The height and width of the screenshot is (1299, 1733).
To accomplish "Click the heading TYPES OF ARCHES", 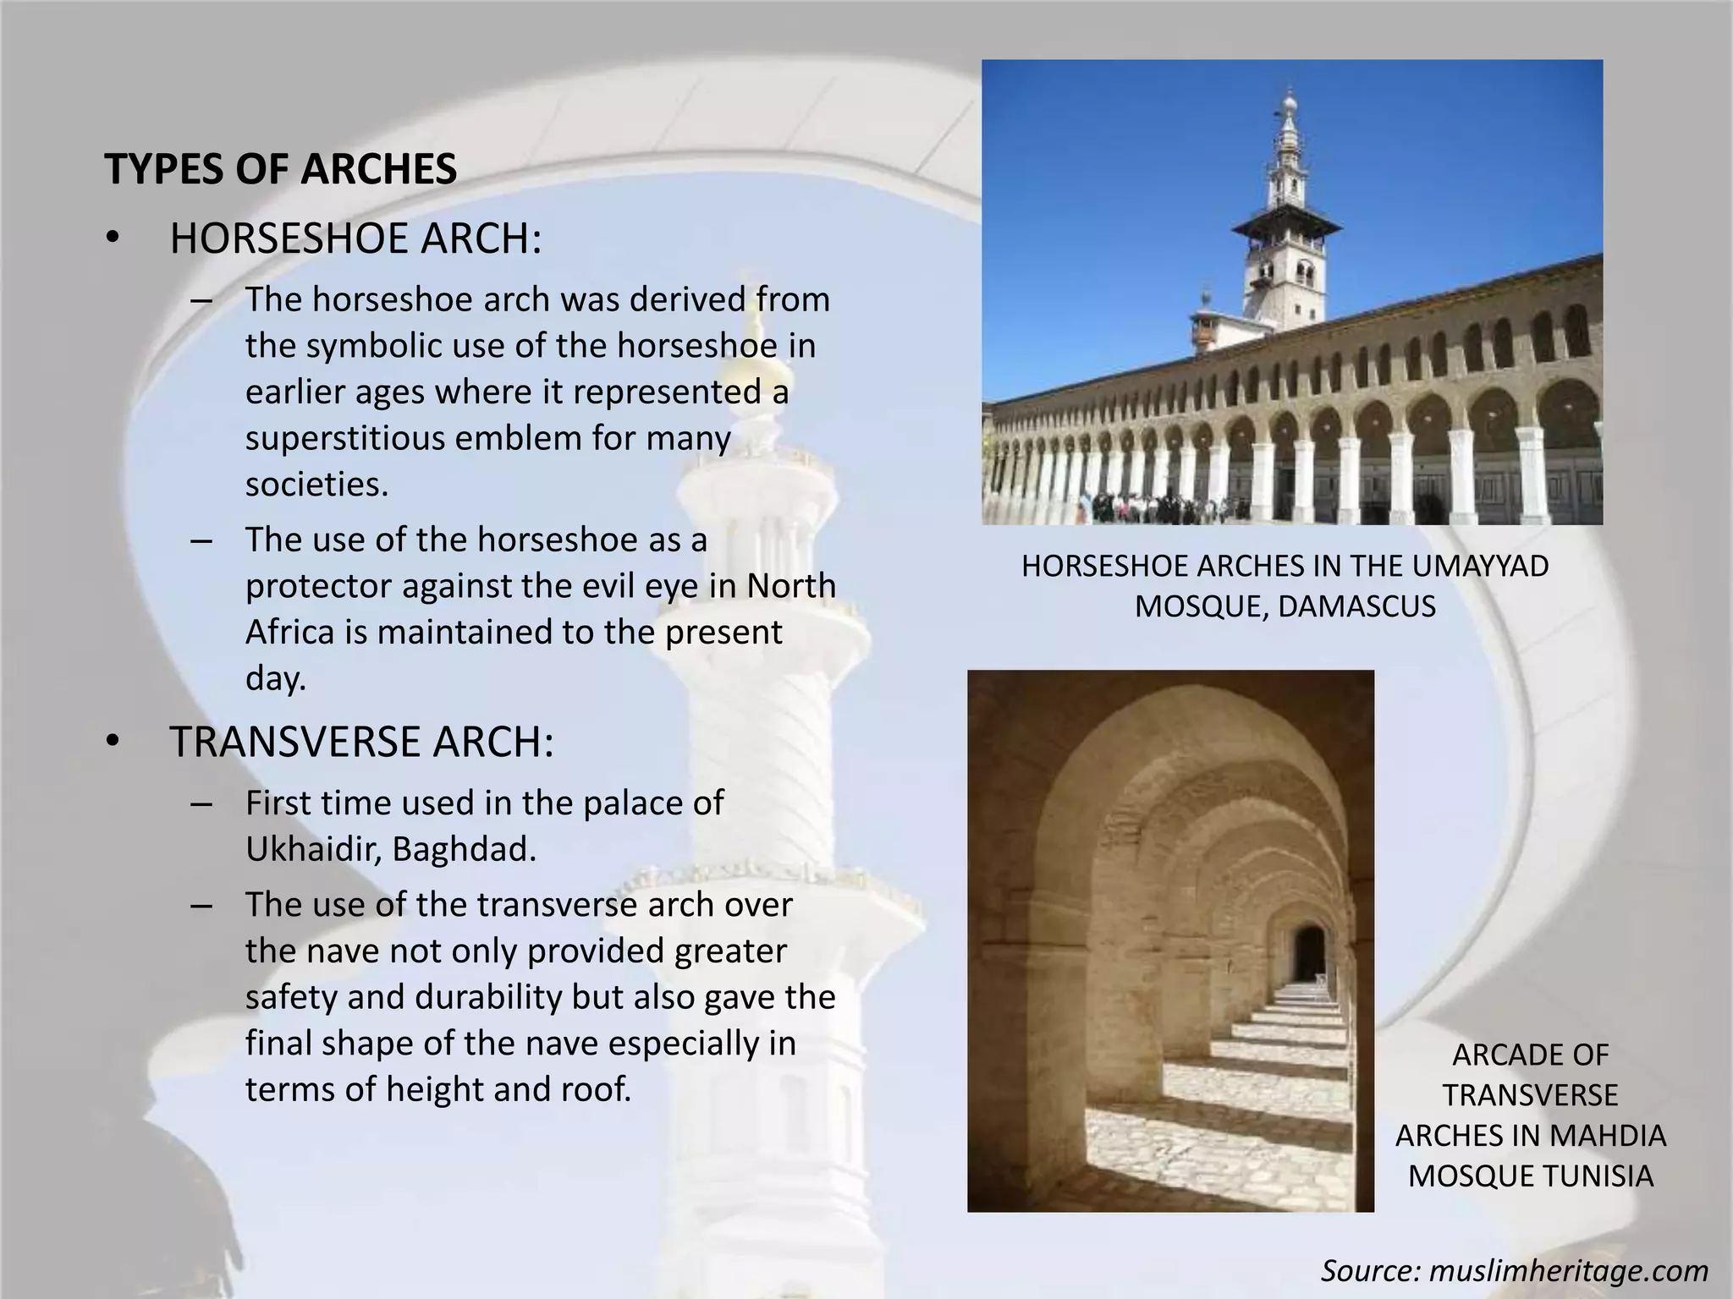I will click(280, 169).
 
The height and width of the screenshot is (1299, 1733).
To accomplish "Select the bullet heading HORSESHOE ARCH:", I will click(355, 238).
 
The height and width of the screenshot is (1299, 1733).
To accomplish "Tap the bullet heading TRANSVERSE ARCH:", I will click(361, 742).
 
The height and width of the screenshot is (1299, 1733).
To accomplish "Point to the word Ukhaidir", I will click(313, 849).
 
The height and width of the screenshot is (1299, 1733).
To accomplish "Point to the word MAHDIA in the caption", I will click(1613, 1135).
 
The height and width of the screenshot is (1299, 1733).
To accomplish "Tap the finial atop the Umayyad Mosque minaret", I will click(1289, 101).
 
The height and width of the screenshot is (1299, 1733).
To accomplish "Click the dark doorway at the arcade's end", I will click(1308, 951).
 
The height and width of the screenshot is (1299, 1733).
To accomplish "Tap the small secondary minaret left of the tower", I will click(1202, 321).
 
